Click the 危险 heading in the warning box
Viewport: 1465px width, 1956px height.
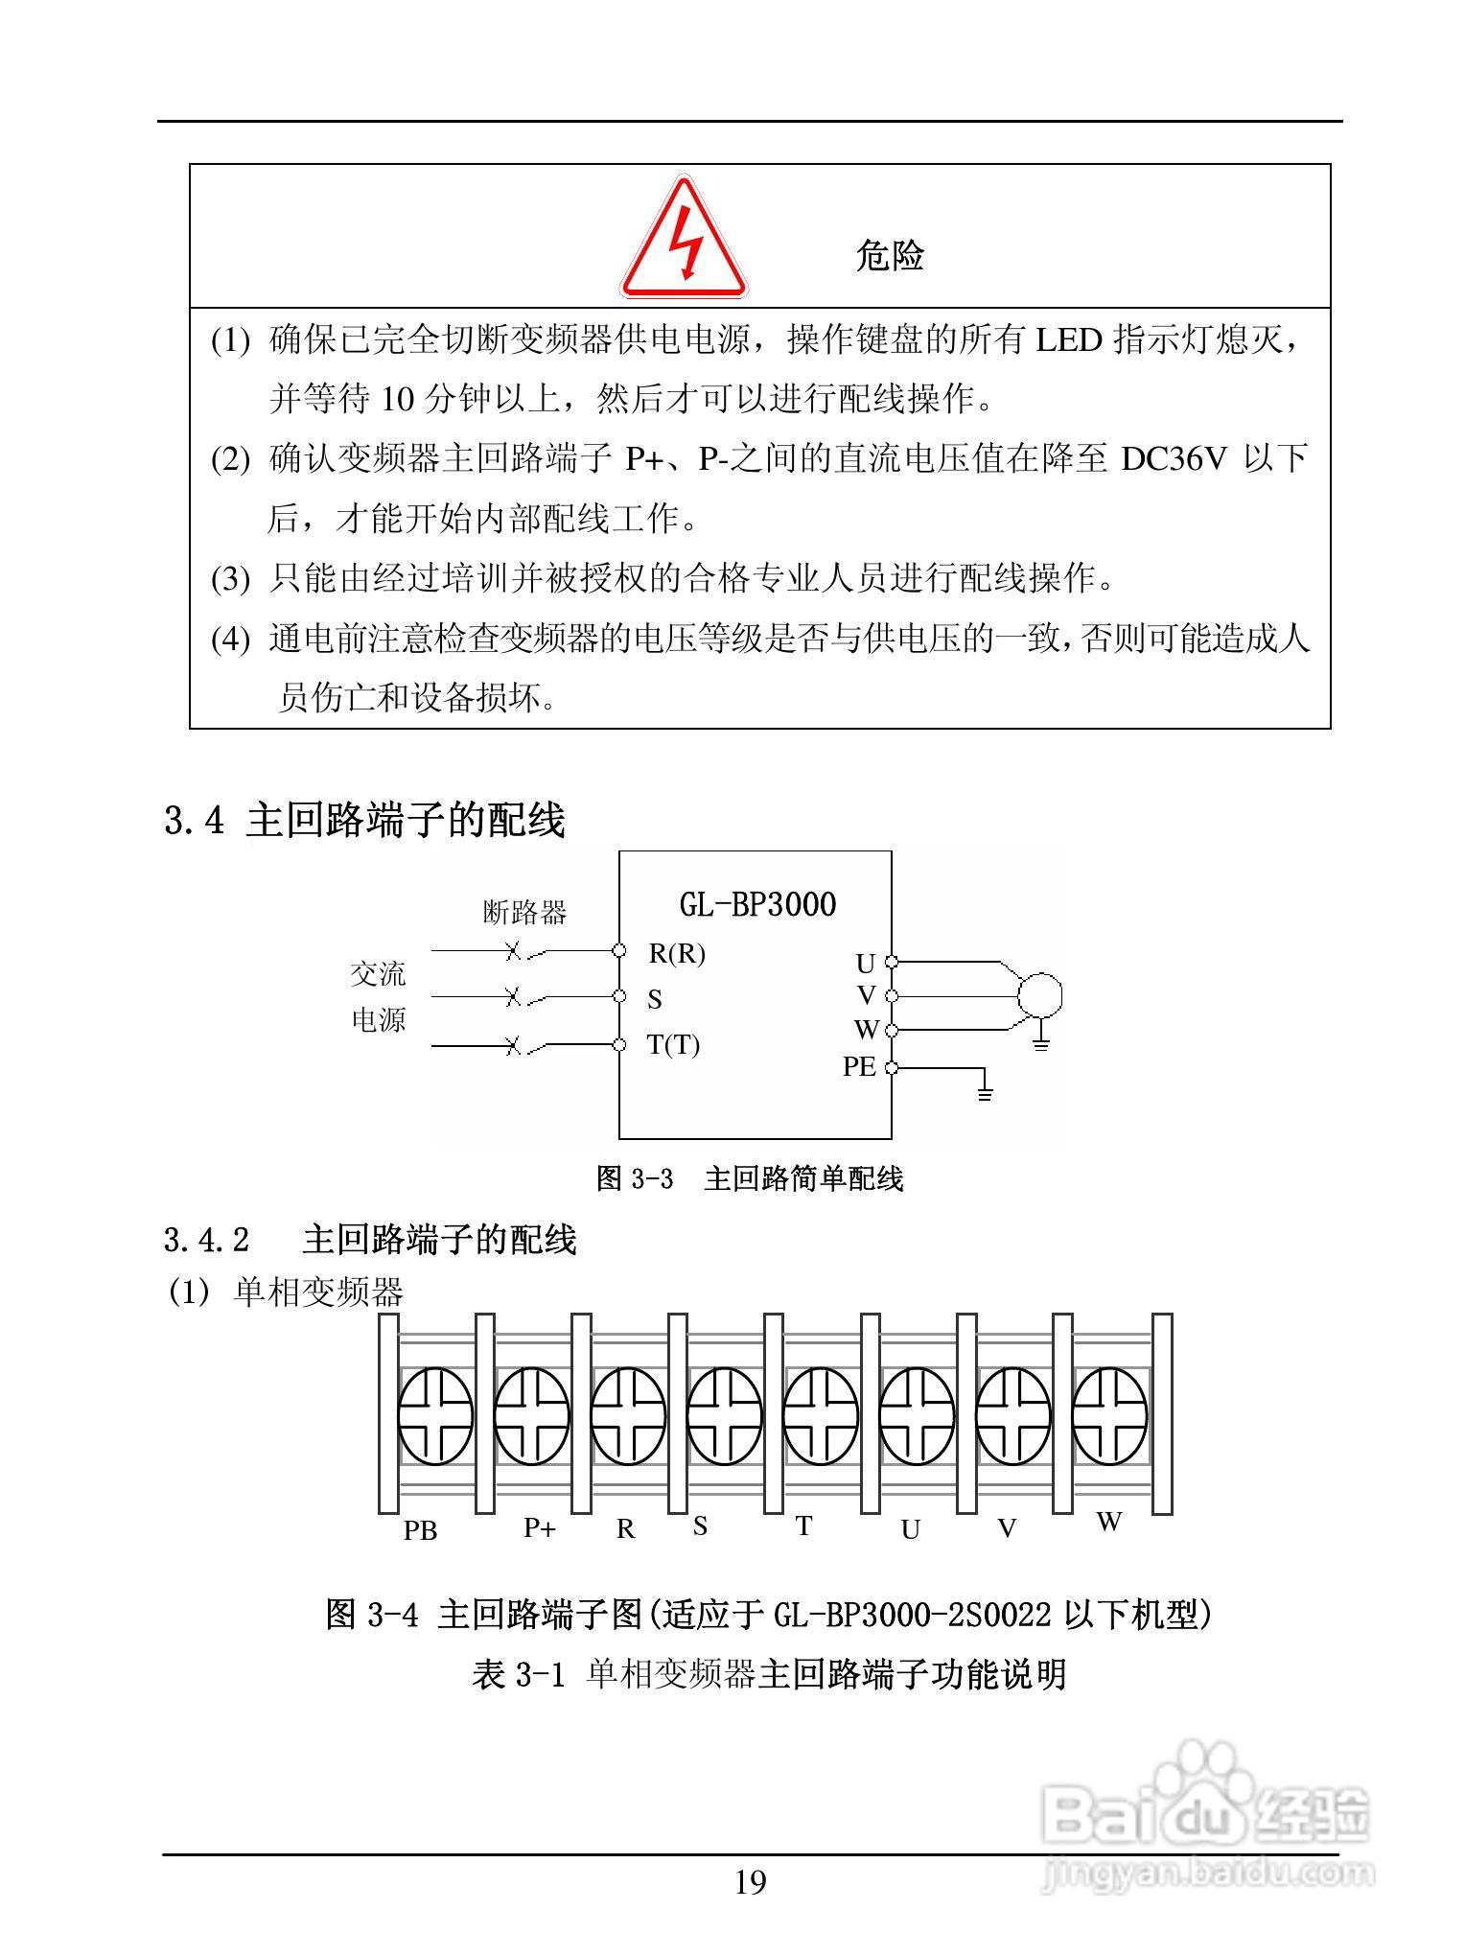coord(889,256)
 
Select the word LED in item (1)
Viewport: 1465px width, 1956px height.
coord(1068,339)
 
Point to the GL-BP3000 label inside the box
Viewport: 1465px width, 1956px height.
coord(757,903)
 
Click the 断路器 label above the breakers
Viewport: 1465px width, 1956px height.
coord(524,912)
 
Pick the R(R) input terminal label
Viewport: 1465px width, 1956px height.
coord(677,953)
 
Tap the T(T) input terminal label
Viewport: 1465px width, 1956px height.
coord(673,1044)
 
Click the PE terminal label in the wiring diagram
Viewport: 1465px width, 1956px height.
coord(859,1066)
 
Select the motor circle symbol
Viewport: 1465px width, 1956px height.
coord(1039,993)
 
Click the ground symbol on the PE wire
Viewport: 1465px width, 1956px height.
coord(984,1092)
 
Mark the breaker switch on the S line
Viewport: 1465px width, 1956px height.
coord(525,998)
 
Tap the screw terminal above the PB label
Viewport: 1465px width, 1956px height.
coord(435,1415)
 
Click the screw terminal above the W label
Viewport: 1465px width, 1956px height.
coord(1109,1415)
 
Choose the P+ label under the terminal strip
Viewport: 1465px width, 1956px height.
coord(539,1527)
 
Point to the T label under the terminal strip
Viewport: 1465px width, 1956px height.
coord(803,1526)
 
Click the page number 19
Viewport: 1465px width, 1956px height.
coord(750,1883)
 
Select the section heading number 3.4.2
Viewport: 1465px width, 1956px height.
coord(206,1240)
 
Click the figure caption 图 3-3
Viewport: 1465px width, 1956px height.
coord(635,1178)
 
